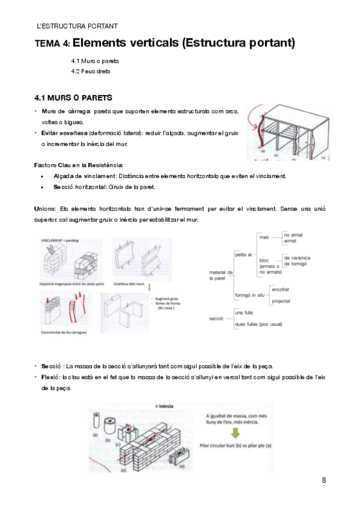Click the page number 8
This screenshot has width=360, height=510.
pos(324,480)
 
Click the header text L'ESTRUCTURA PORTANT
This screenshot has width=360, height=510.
pos(77,26)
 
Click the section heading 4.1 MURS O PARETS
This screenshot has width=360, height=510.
pos(73,97)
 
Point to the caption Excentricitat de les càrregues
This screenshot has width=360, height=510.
pos(67,331)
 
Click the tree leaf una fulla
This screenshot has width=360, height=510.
pos(245,313)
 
